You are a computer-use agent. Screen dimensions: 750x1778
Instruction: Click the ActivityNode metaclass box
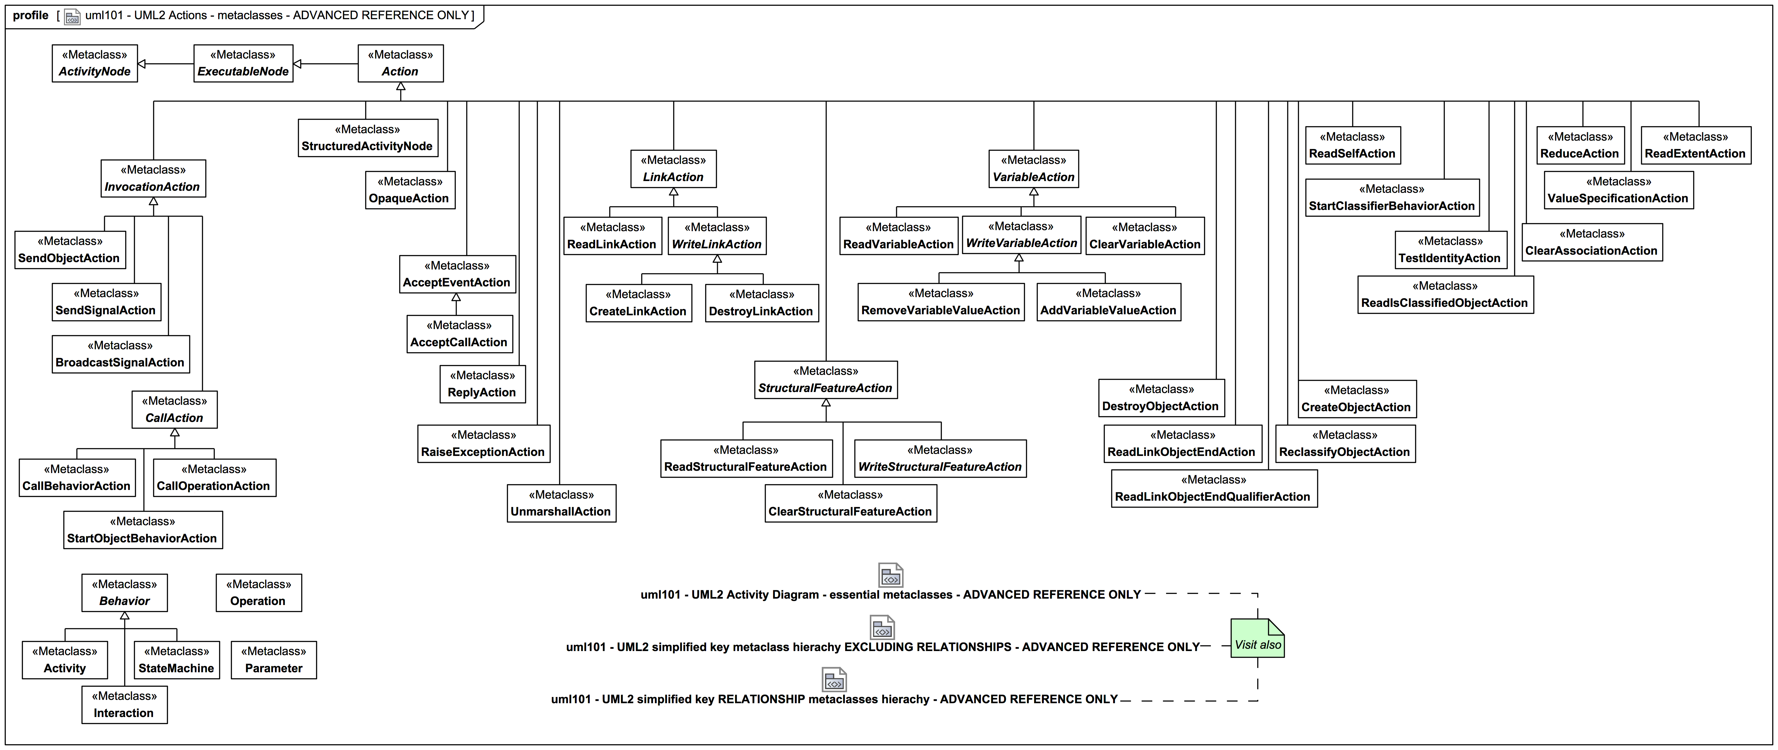[x=95, y=63]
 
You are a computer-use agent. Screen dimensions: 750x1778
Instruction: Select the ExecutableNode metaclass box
[x=243, y=63]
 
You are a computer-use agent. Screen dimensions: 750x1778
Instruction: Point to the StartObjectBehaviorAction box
[x=143, y=530]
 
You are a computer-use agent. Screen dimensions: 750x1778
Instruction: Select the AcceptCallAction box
[x=459, y=334]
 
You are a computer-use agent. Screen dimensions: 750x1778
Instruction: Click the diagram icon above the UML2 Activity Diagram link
[x=890, y=575]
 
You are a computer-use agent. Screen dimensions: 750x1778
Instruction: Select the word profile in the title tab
[x=30, y=15]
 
